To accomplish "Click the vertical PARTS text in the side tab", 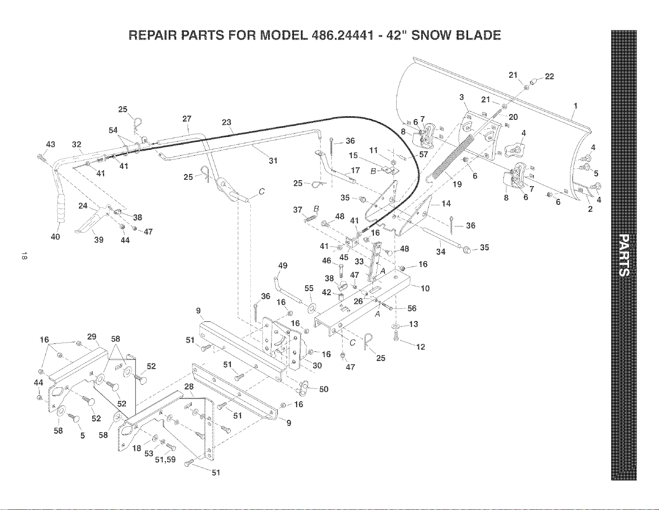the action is coord(624,256).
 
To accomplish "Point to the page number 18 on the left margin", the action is coord(25,256).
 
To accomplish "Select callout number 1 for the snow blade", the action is coord(575,106).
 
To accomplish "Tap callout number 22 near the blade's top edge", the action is coord(549,77).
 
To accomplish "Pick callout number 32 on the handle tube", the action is coord(77,144).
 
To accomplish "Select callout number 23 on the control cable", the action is coord(226,122).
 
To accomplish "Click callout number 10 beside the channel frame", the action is coord(425,289).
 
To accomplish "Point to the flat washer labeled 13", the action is coord(395,326).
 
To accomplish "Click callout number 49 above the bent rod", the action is coord(283,266).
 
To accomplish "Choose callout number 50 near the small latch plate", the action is coord(324,389).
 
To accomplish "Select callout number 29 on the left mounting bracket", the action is coord(91,336).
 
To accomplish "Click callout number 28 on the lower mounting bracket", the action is coord(189,386).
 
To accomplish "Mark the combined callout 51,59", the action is coord(165,460).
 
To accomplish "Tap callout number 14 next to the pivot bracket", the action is coord(446,204).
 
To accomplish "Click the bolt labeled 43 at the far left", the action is coord(41,158).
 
